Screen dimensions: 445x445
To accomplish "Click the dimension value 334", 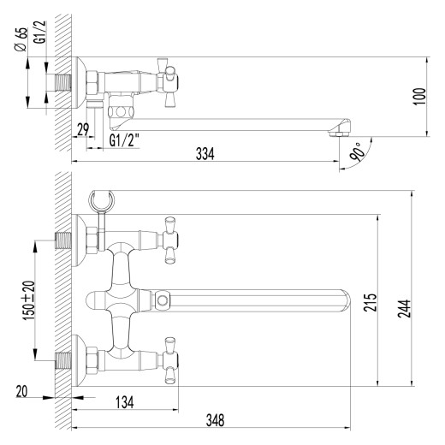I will point(205,153).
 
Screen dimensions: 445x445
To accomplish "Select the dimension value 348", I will point(215,419).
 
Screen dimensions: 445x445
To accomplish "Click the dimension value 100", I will point(418,96).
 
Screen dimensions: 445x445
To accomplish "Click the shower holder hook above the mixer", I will point(102,202).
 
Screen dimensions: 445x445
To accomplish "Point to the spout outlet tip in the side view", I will point(340,131).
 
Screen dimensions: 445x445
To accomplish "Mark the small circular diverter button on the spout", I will point(163,300).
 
